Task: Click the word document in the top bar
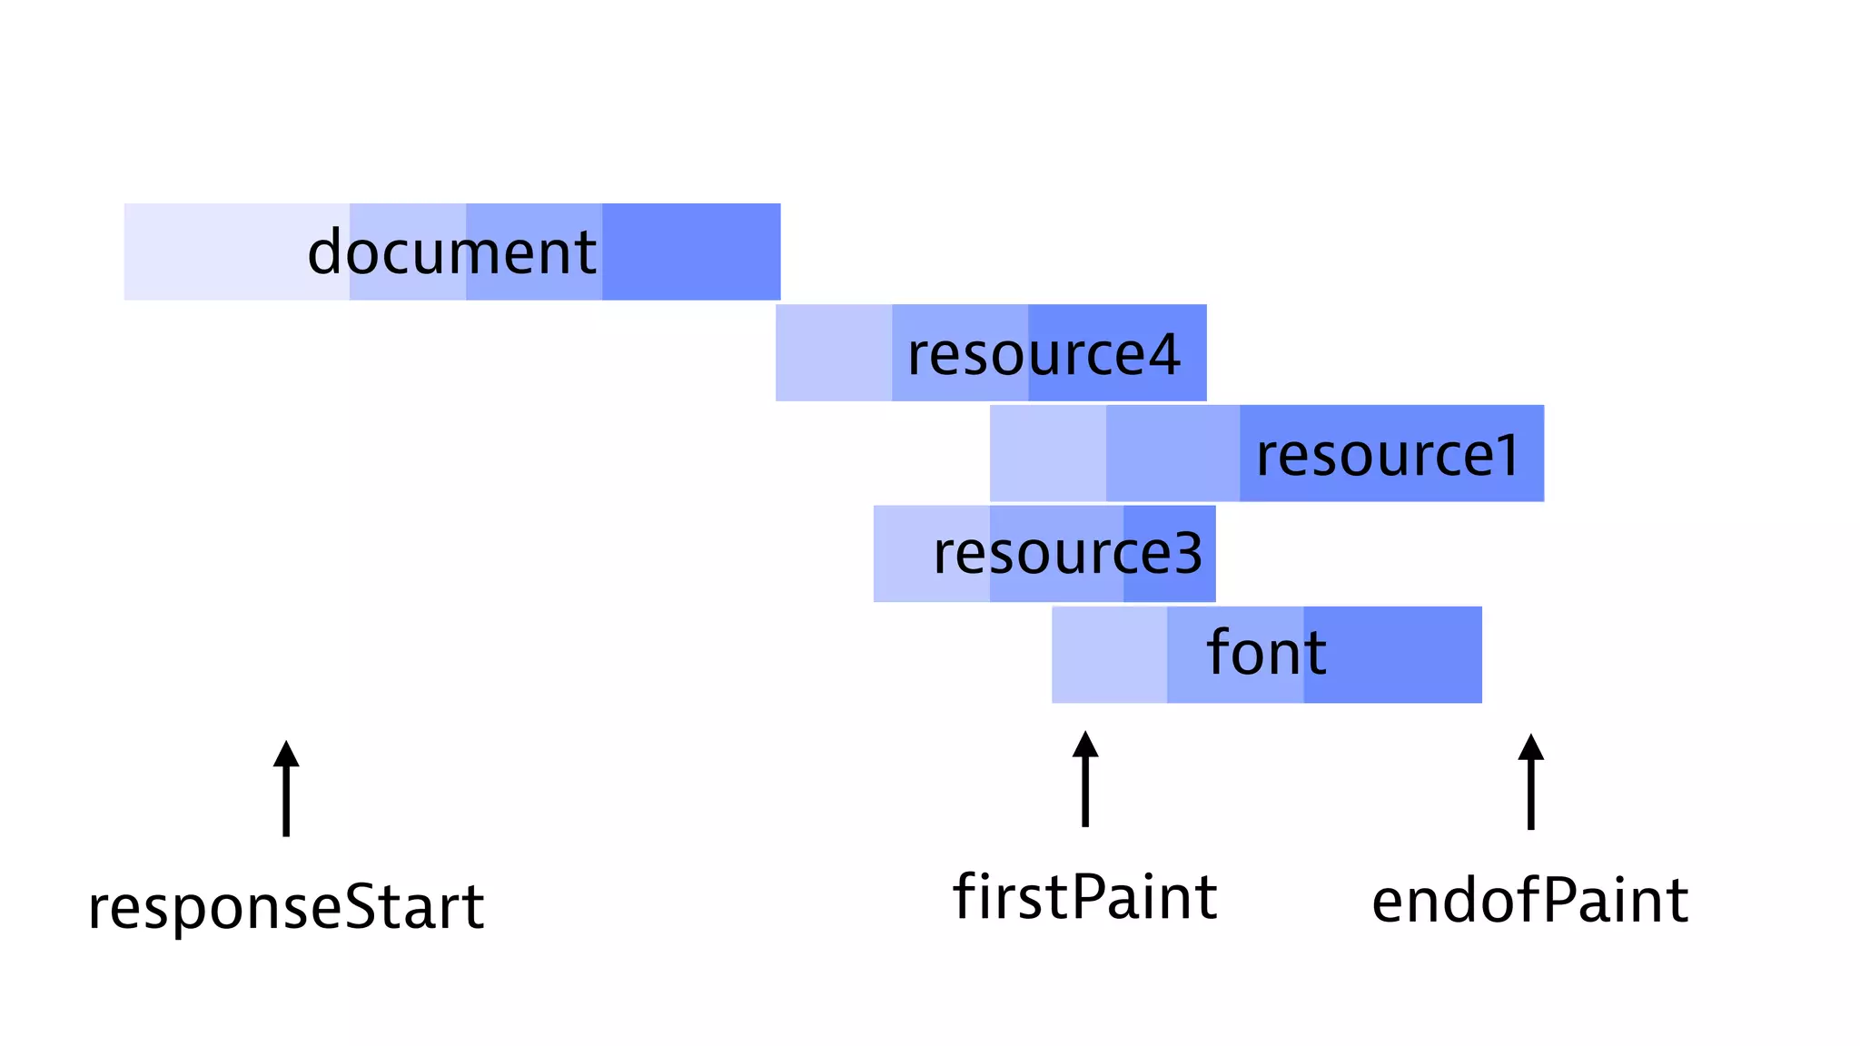[x=451, y=252]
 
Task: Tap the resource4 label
[x=1044, y=354]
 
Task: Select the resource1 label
[x=1387, y=455]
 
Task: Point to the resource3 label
[x=1067, y=553]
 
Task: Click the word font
[x=1266, y=653]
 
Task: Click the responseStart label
[x=286, y=907]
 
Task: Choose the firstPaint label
[x=1084, y=897]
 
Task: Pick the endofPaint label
[x=1529, y=902]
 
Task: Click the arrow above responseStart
[x=286, y=787]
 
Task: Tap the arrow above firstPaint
[x=1085, y=779]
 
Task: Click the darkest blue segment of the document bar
[x=690, y=252]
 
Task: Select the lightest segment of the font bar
[x=1109, y=655]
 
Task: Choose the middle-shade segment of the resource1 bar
[x=1172, y=453]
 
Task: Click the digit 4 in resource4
[x=1163, y=354]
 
